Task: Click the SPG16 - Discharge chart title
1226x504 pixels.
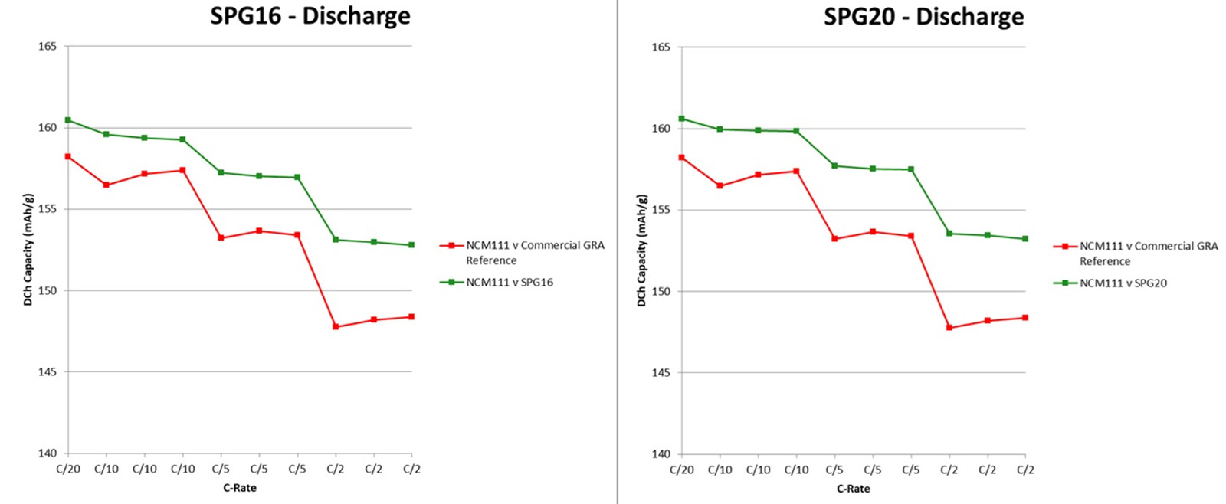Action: tap(310, 16)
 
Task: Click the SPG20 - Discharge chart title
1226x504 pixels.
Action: tap(923, 17)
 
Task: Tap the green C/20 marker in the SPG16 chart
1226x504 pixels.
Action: tap(68, 120)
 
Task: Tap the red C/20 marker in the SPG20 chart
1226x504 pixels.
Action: tap(682, 158)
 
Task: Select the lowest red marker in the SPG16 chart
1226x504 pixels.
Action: tap(336, 327)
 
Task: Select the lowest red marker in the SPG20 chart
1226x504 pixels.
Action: tap(949, 328)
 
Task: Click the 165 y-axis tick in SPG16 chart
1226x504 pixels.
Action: tap(48, 47)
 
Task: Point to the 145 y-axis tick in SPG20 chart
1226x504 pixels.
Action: tap(661, 373)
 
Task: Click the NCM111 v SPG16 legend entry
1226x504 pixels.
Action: tap(509, 283)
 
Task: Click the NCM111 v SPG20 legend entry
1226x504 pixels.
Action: tap(1123, 283)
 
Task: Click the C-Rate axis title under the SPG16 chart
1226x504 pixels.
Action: tap(240, 488)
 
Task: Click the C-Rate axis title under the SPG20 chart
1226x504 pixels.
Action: tap(853, 489)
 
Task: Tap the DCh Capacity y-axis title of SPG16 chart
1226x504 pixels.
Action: tap(28, 250)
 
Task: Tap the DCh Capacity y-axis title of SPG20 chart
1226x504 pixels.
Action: tap(642, 250)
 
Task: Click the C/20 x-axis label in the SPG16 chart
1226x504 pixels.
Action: tap(68, 469)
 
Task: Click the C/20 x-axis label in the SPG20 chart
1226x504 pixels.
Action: tap(682, 470)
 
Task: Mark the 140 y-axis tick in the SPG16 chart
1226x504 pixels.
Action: tap(48, 453)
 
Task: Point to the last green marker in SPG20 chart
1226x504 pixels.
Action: tap(1025, 239)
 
